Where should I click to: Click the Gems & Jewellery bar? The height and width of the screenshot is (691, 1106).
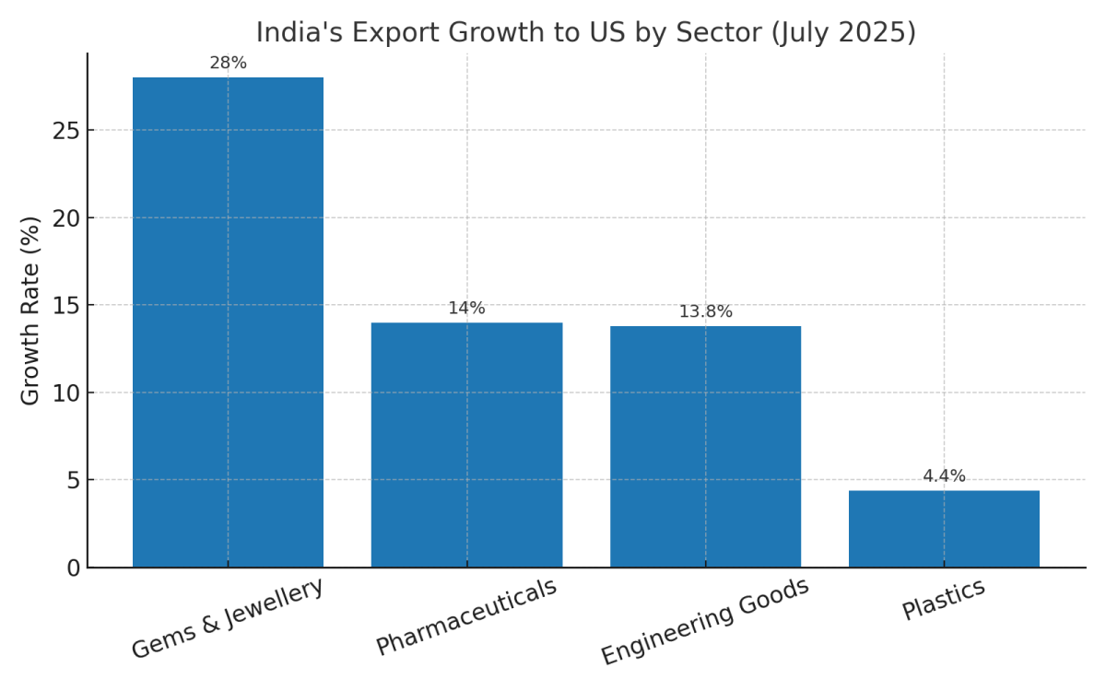[228, 322]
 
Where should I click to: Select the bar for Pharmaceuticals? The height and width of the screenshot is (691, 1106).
[466, 445]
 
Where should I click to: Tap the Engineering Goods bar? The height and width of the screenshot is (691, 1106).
[705, 447]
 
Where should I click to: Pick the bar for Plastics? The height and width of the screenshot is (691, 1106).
[944, 529]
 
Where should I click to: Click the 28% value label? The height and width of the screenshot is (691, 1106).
[228, 64]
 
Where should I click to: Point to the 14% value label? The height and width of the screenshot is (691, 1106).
[466, 309]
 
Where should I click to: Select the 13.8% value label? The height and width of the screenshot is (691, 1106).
[705, 312]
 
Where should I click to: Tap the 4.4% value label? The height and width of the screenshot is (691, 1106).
[944, 476]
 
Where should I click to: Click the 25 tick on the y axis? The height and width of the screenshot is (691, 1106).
[66, 131]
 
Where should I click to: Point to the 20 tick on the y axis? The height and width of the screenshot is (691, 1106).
[66, 218]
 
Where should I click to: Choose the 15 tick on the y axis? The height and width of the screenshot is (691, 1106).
[66, 306]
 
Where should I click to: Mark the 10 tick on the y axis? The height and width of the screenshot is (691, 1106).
[66, 393]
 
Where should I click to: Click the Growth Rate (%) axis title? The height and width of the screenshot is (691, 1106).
[31, 310]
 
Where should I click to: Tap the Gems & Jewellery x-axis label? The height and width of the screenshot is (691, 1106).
[228, 618]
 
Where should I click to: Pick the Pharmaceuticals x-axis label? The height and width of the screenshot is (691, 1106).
[466, 616]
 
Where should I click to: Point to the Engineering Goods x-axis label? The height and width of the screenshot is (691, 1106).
[705, 621]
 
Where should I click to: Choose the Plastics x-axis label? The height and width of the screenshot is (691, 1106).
[944, 599]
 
